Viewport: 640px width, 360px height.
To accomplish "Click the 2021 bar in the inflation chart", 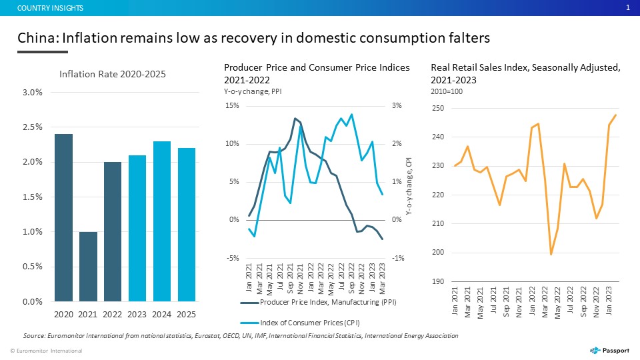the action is coord(88,267).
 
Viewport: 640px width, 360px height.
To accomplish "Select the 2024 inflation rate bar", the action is coord(161,221).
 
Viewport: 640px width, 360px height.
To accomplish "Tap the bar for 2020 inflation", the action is coord(64,217).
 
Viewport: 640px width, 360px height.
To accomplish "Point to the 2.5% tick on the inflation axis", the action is coord(33,127).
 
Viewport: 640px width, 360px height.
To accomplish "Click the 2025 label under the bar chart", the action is coord(186,314).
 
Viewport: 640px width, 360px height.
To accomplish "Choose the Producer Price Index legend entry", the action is coord(319,303).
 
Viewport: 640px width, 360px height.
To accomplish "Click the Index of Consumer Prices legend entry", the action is coord(301,323).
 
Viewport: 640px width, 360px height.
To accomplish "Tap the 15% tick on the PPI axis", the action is coord(232,106).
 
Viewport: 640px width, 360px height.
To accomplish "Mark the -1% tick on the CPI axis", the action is coord(398,258).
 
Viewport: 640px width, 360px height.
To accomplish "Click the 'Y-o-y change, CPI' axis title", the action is coord(409,186).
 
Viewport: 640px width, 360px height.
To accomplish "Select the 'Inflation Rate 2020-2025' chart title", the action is coord(113,74).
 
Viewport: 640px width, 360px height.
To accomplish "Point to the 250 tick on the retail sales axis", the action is coord(438,108).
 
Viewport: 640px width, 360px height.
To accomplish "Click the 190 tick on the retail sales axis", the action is coord(438,281).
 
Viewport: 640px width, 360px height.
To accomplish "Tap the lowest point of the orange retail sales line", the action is coord(551,254).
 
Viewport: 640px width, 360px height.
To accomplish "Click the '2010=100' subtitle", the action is coord(447,91).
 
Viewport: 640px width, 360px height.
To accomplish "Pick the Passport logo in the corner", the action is coord(609,350).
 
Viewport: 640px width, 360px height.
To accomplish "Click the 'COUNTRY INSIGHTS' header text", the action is coord(50,8).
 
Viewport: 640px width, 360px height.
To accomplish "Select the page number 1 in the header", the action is coord(628,7).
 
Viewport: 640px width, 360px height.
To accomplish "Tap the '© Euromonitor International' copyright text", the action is coord(46,351).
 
